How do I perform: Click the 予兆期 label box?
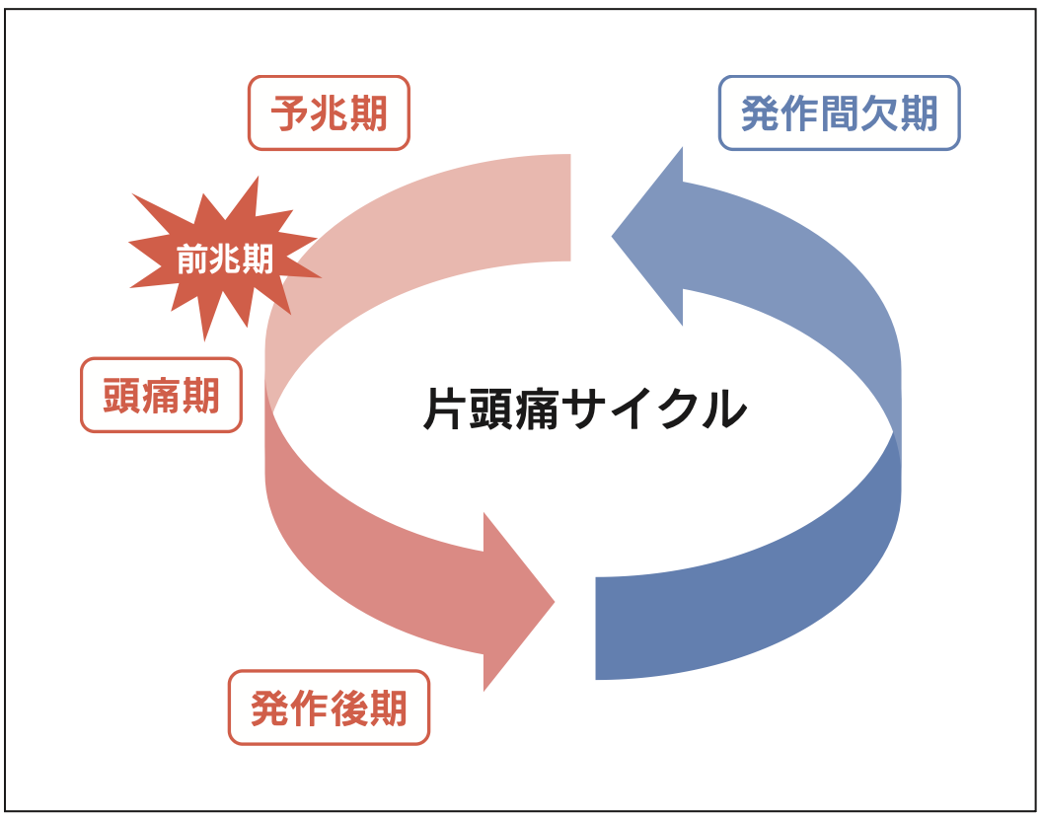328,113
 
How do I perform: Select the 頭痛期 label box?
161,395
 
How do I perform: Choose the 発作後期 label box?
329,708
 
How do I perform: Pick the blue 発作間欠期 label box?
839,113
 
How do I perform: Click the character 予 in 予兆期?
289,113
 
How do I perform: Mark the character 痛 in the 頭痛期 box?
161,395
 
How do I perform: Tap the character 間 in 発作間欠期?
839,113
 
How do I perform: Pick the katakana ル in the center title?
725,409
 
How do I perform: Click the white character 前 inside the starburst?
192,259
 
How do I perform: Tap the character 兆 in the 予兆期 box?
328,113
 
